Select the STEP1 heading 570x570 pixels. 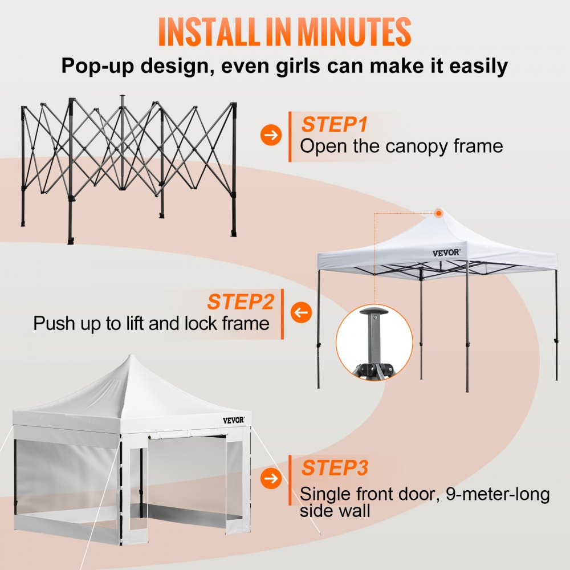click(335, 124)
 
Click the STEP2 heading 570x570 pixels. click(240, 302)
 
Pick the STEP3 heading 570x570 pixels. click(335, 468)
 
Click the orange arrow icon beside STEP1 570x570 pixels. click(271, 136)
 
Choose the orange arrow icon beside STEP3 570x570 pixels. click(271, 478)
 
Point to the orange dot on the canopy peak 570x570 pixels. click(438, 213)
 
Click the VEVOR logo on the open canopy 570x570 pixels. click(446, 252)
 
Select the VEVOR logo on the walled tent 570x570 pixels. click(236, 420)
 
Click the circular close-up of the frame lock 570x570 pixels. click(374, 342)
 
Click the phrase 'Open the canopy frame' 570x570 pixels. click(401, 146)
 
